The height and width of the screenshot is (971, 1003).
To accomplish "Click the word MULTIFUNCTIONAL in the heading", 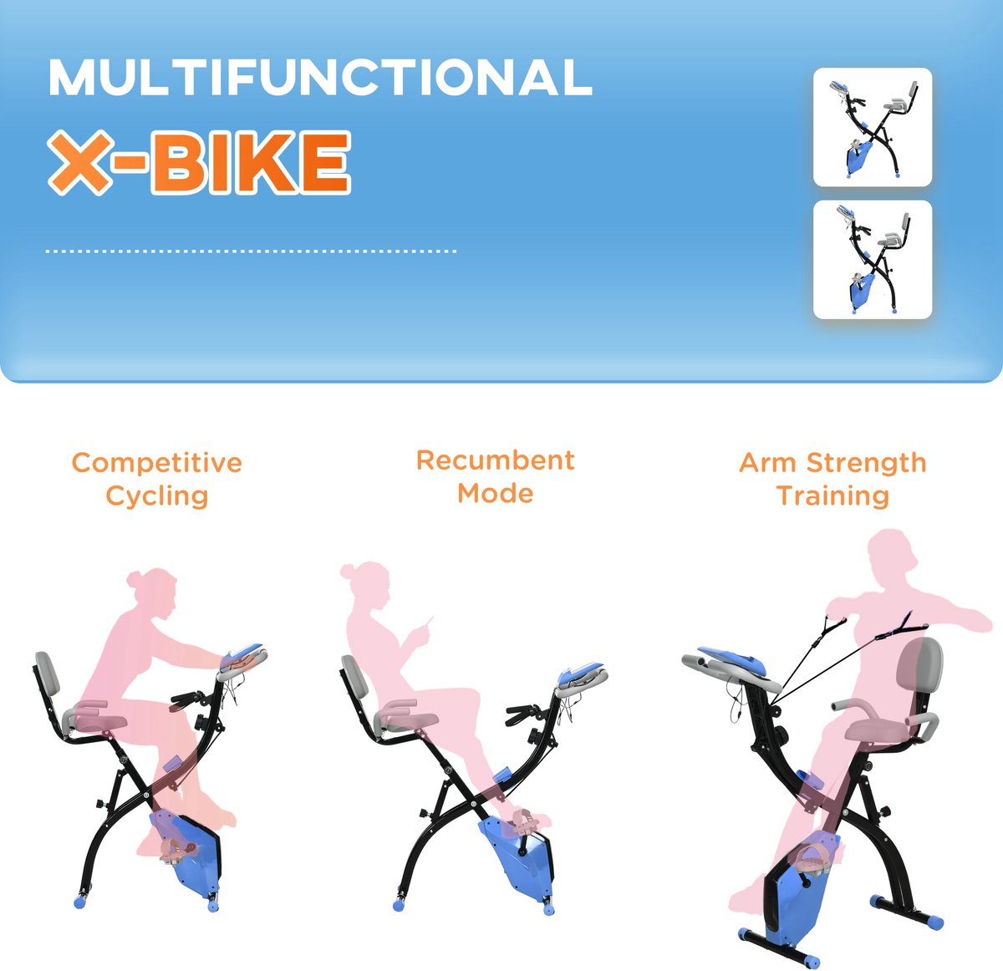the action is (319, 78).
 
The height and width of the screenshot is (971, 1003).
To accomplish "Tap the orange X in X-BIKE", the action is (80, 162).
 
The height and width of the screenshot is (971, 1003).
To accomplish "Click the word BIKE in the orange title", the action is (251, 162).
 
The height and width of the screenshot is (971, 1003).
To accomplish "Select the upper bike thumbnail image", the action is (873, 127).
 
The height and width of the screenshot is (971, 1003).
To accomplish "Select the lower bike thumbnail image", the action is (873, 259).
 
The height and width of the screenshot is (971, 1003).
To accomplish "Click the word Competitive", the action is (156, 463).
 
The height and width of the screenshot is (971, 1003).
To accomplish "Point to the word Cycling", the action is (156, 496).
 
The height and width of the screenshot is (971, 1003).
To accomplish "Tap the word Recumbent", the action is (496, 460).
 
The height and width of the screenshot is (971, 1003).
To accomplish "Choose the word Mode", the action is (496, 493).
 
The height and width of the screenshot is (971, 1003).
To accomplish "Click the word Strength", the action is (867, 463).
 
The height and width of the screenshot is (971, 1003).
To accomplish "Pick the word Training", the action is (832, 496).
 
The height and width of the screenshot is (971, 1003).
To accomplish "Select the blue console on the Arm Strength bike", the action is (732, 659).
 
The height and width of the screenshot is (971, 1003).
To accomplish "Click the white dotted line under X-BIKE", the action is (251, 252).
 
